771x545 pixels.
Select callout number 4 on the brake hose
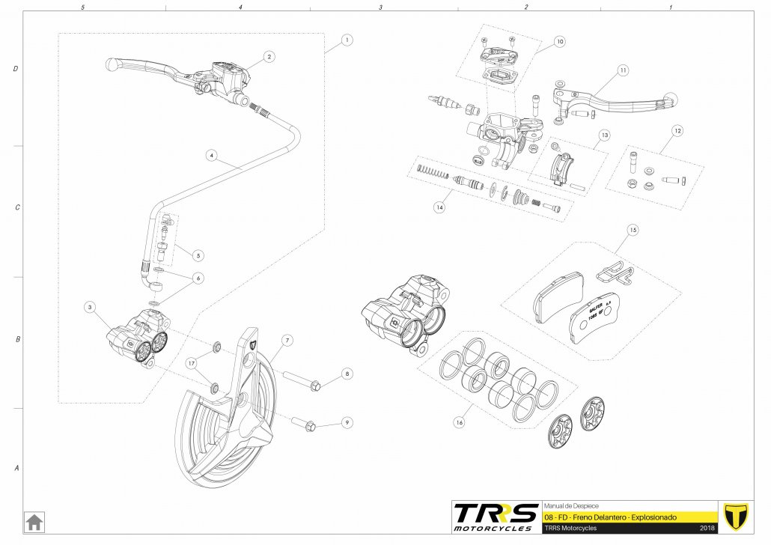pyautogui.click(x=213, y=156)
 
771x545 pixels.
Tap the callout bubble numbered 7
pyautogui.click(x=286, y=340)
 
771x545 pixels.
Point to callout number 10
pyautogui.click(x=560, y=42)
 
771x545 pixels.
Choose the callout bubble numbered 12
pyautogui.click(x=677, y=131)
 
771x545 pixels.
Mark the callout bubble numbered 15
pyautogui.click(x=633, y=231)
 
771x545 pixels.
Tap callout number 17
pyautogui.click(x=192, y=362)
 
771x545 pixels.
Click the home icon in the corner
pyautogui.click(x=34, y=521)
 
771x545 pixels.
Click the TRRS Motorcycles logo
pyautogui.click(x=495, y=517)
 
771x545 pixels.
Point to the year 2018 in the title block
pyautogui.click(x=707, y=529)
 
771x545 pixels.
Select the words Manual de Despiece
pyautogui.click(x=570, y=505)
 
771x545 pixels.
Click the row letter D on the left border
pyautogui.click(x=16, y=69)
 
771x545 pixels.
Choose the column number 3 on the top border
pyautogui.click(x=381, y=7)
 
